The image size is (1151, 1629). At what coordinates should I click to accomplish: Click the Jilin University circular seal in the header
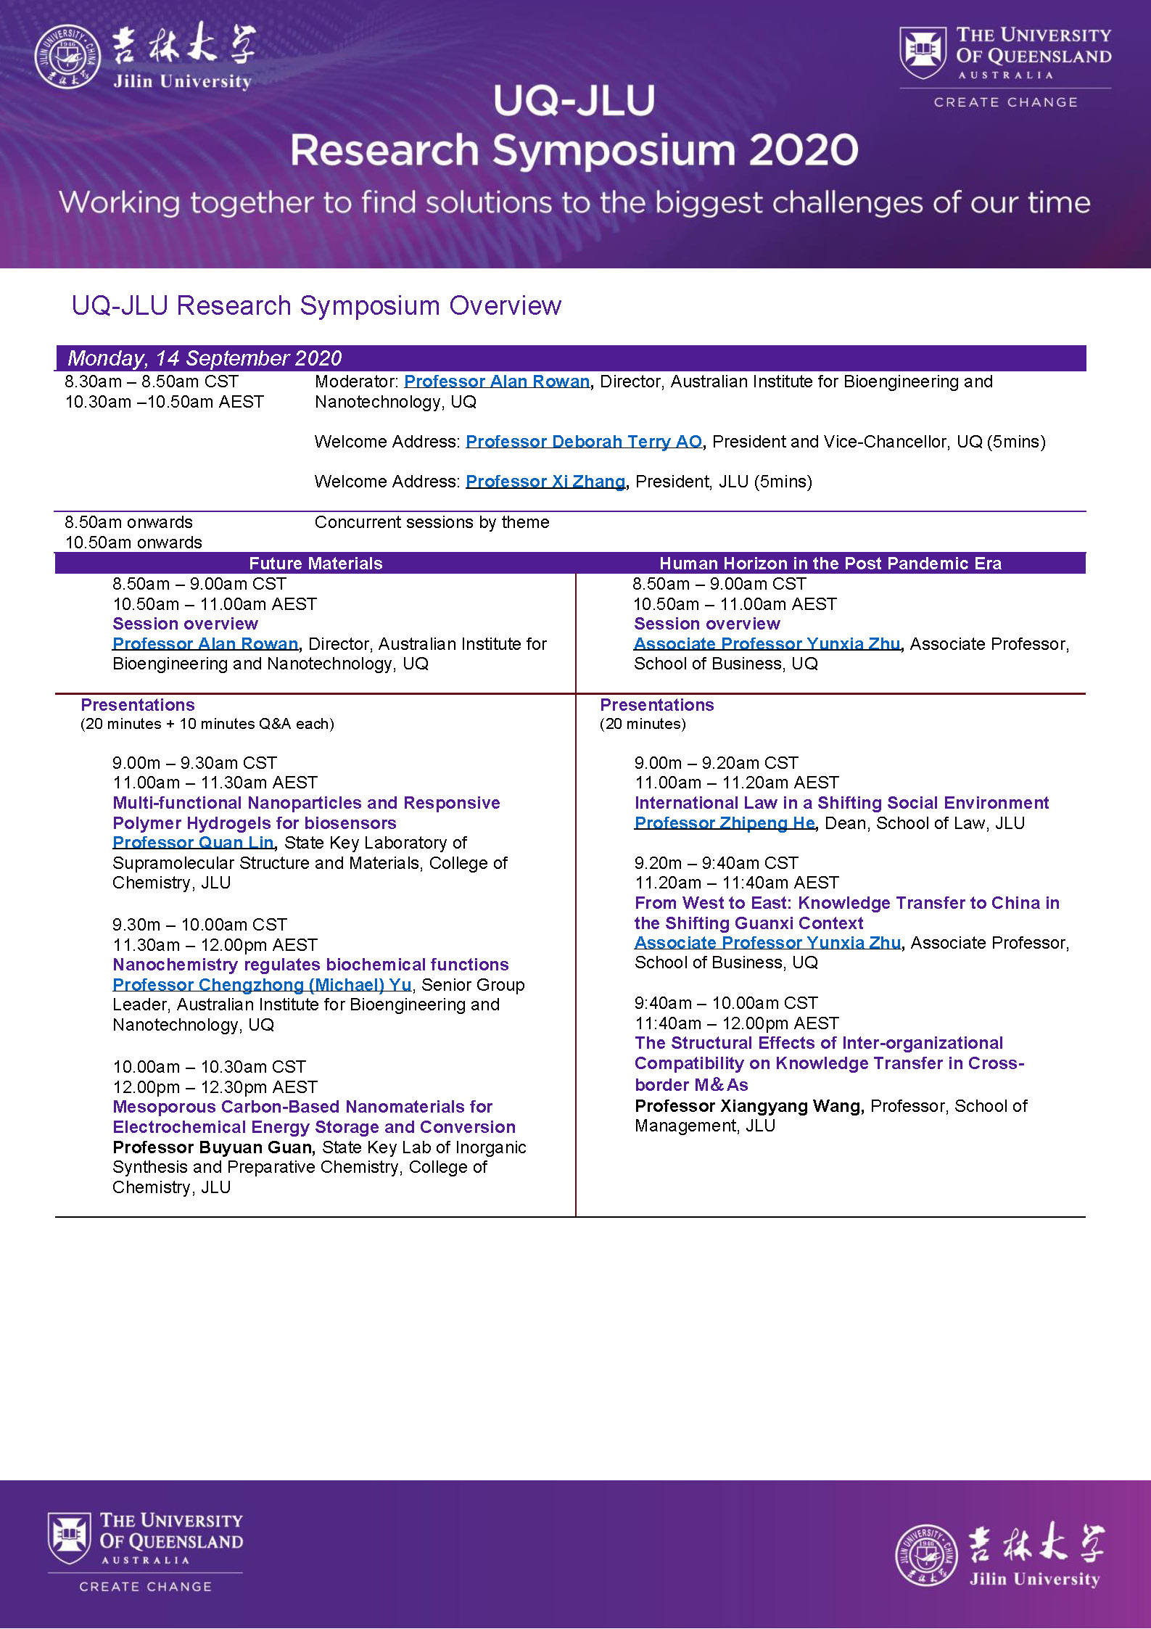(x=67, y=57)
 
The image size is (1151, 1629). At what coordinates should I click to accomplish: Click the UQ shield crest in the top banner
(x=923, y=51)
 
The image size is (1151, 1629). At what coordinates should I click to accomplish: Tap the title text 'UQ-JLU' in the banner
(x=574, y=101)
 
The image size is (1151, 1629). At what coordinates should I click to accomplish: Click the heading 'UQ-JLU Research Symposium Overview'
(x=316, y=306)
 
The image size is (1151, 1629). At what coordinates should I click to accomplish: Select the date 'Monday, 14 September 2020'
(x=205, y=358)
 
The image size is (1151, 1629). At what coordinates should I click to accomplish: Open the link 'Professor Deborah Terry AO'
(x=584, y=442)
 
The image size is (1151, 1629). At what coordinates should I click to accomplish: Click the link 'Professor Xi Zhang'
(x=545, y=482)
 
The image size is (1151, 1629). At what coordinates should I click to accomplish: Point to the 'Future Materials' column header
(x=315, y=564)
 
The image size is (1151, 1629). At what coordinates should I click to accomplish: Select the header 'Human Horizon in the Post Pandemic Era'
(x=830, y=564)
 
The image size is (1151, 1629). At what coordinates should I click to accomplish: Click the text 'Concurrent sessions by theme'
(x=432, y=522)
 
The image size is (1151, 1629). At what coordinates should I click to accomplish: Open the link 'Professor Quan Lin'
(x=193, y=843)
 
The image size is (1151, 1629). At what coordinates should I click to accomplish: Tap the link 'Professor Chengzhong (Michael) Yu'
(x=262, y=985)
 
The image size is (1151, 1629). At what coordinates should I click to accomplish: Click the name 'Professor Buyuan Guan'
(x=213, y=1147)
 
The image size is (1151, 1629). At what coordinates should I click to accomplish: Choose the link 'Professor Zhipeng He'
(x=725, y=823)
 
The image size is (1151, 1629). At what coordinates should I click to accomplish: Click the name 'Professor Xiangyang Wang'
(x=748, y=1106)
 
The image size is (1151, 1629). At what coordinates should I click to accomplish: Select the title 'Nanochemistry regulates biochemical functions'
(x=310, y=965)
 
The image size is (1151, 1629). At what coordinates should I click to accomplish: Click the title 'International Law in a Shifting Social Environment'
(x=841, y=803)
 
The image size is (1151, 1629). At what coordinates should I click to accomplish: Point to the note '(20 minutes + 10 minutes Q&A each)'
(x=207, y=724)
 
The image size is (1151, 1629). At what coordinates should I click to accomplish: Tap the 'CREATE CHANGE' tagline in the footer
(x=145, y=1587)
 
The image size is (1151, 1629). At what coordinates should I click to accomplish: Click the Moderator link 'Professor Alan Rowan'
(x=497, y=382)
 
